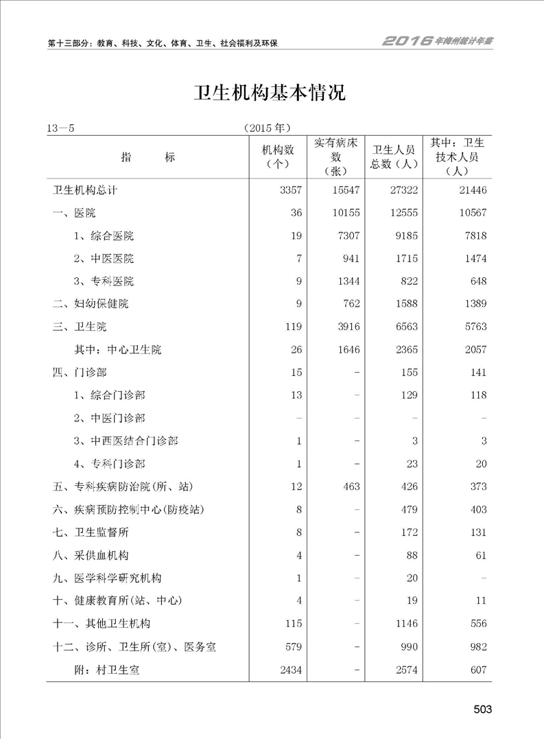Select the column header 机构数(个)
pos(279,157)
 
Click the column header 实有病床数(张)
pos(336,157)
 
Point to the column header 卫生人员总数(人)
pos(394,157)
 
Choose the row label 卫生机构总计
pos(88,190)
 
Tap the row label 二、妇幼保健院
pos(91,304)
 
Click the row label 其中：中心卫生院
pos(118,349)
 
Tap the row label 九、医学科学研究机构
pos(108,578)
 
